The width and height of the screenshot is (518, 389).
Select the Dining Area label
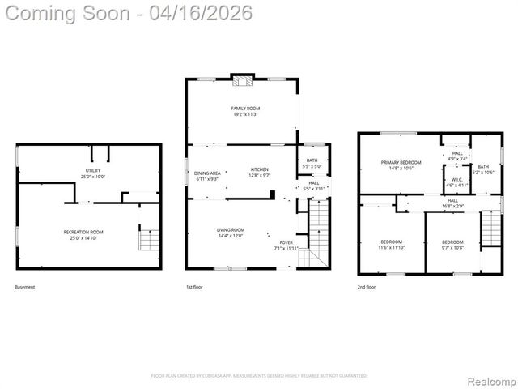(206, 176)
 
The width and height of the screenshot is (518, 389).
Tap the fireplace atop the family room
(241, 80)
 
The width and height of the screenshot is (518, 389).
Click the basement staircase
(148, 241)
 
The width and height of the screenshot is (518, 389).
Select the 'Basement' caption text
(25, 287)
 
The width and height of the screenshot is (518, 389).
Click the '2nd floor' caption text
(367, 287)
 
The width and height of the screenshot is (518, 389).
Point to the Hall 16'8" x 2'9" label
(452, 203)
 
